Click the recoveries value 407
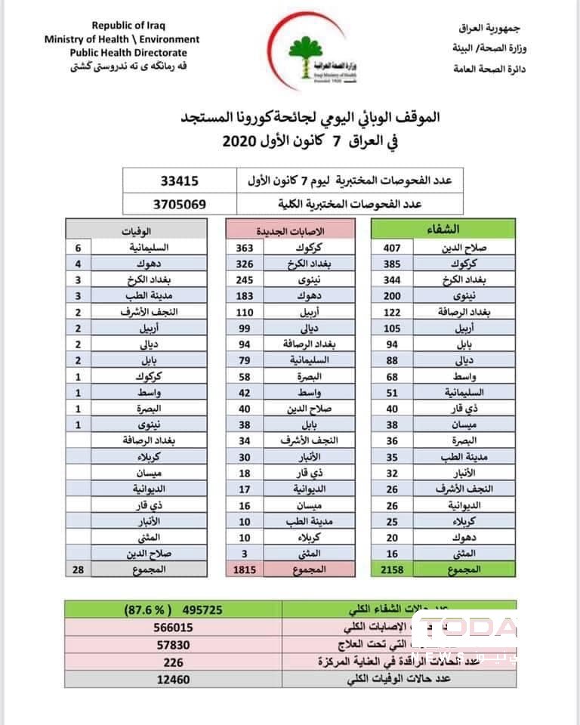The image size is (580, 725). (393, 247)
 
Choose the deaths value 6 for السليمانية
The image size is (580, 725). (79, 247)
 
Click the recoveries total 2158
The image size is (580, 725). (393, 567)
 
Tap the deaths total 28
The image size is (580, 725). (79, 567)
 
